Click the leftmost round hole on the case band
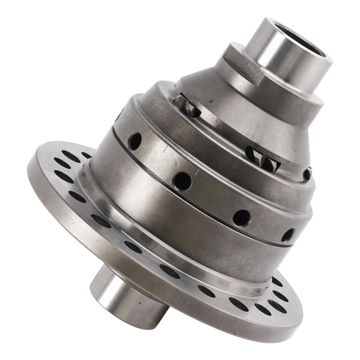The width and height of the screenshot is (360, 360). pos(135,141)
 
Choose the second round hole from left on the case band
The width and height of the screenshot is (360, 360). pos(182,181)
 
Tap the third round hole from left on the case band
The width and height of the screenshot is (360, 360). pos(242,218)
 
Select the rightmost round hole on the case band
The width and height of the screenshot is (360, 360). pos(288,235)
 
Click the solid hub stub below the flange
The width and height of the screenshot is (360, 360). pos(127,299)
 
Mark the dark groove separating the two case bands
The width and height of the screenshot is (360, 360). pos(197,204)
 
